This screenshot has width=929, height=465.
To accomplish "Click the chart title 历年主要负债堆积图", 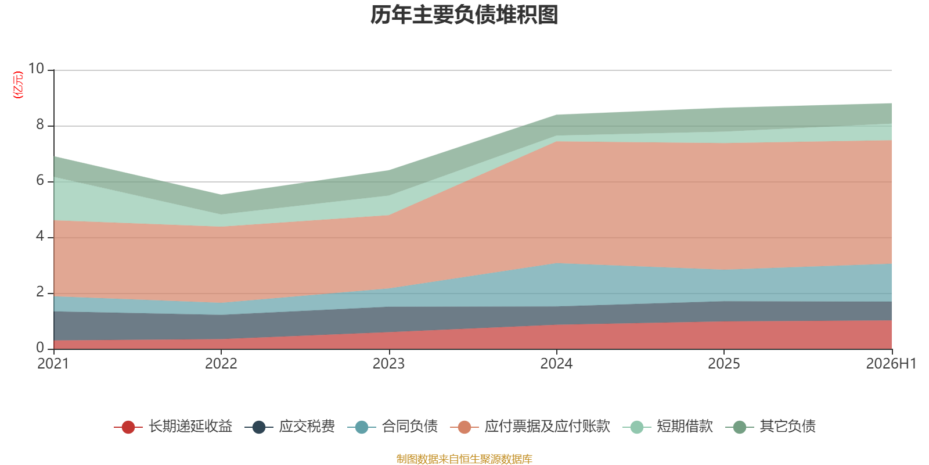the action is pyautogui.click(x=464, y=15).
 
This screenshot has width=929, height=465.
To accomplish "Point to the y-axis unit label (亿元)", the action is pyautogui.click(x=18, y=85).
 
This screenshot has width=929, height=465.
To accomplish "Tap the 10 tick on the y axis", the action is pyautogui.click(x=36, y=69).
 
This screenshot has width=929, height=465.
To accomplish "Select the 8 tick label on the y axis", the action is pyautogui.click(x=40, y=124).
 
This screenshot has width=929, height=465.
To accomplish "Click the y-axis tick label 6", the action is pyautogui.click(x=40, y=180).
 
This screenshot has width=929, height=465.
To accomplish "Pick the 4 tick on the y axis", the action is pyautogui.click(x=40, y=236).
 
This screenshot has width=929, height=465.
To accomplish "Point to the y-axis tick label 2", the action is pyautogui.click(x=40, y=292).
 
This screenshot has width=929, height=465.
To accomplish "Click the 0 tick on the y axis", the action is pyautogui.click(x=40, y=348).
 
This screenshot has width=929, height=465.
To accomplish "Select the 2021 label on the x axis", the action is pyautogui.click(x=53, y=364).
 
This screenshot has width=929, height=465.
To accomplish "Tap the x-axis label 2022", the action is pyautogui.click(x=221, y=364).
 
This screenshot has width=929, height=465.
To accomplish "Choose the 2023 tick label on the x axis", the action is pyautogui.click(x=388, y=364).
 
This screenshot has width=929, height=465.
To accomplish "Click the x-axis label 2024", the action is pyautogui.click(x=556, y=364).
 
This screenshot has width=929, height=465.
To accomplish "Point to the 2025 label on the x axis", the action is pyautogui.click(x=723, y=364).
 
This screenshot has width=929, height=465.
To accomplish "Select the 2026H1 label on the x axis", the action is pyautogui.click(x=891, y=364).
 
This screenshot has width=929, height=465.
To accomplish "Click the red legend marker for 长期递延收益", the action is pyautogui.click(x=128, y=427).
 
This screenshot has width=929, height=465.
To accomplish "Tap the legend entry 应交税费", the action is pyautogui.click(x=290, y=427).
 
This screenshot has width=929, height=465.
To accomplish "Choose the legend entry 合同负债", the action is pyautogui.click(x=393, y=427).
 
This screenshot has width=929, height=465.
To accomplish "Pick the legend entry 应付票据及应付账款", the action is pyautogui.click(x=530, y=427).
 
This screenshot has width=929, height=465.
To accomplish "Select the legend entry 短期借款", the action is pyautogui.click(x=668, y=427).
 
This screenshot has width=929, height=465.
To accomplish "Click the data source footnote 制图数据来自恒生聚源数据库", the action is pyautogui.click(x=464, y=459).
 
